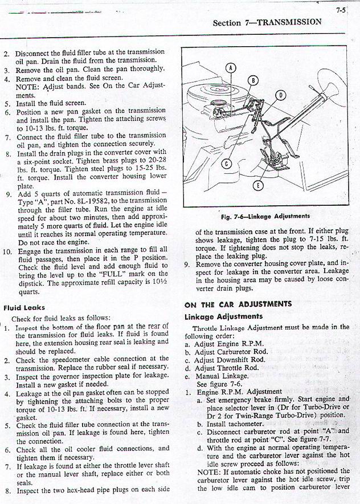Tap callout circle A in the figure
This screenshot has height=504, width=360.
pos(231,68)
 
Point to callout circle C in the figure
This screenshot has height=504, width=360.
pos(226,165)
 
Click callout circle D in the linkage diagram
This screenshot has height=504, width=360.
pos(280,95)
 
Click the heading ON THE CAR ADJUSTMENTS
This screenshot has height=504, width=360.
pos(238,304)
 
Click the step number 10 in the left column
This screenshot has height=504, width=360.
pos(7,250)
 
